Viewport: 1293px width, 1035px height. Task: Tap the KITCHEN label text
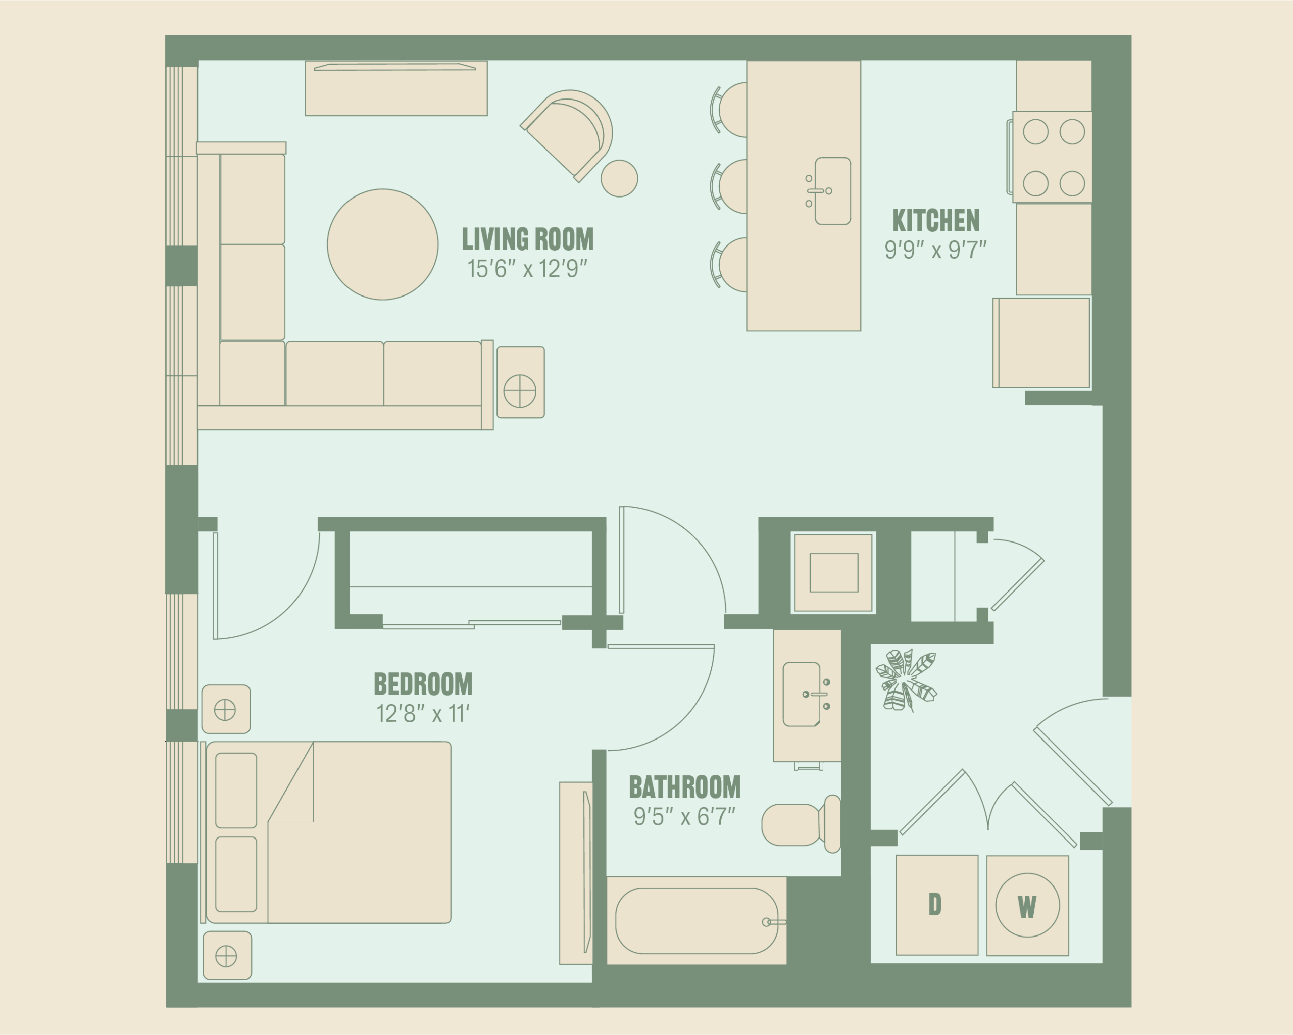click(935, 220)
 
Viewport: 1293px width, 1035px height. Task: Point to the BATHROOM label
click(684, 787)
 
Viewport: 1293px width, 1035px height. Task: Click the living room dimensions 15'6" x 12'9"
click(527, 269)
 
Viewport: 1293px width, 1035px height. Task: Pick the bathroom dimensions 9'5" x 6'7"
click(684, 817)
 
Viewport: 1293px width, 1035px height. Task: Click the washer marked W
click(1027, 906)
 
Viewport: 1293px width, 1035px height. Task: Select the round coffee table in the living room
click(383, 244)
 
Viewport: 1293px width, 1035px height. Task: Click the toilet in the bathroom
click(801, 823)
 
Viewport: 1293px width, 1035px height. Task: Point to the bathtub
click(697, 920)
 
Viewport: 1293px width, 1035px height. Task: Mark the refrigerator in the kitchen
click(1041, 343)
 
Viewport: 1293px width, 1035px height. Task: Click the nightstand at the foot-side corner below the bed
click(227, 956)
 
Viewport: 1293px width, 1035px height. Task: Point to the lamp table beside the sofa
click(521, 382)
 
